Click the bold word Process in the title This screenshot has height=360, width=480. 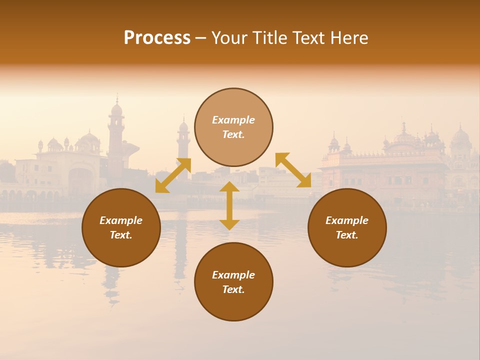(x=157, y=38)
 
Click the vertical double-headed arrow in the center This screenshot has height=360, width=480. (x=229, y=205)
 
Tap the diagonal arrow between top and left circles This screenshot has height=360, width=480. (x=173, y=175)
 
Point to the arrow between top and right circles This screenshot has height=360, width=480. (x=293, y=170)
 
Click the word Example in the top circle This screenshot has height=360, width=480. (x=233, y=120)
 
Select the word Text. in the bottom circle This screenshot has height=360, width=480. (x=233, y=289)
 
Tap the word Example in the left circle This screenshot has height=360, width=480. (x=121, y=220)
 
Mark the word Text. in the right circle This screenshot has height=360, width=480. (x=347, y=235)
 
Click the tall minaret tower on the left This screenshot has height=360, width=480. (x=116, y=135)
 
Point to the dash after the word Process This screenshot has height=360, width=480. (x=201, y=38)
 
